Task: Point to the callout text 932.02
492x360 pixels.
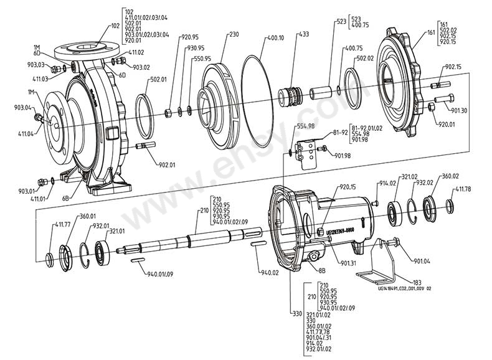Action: pos(425,182)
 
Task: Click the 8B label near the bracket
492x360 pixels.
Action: pos(321,270)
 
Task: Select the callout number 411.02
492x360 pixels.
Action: pos(136,52)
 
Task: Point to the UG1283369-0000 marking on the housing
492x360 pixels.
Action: pos(343,227)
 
